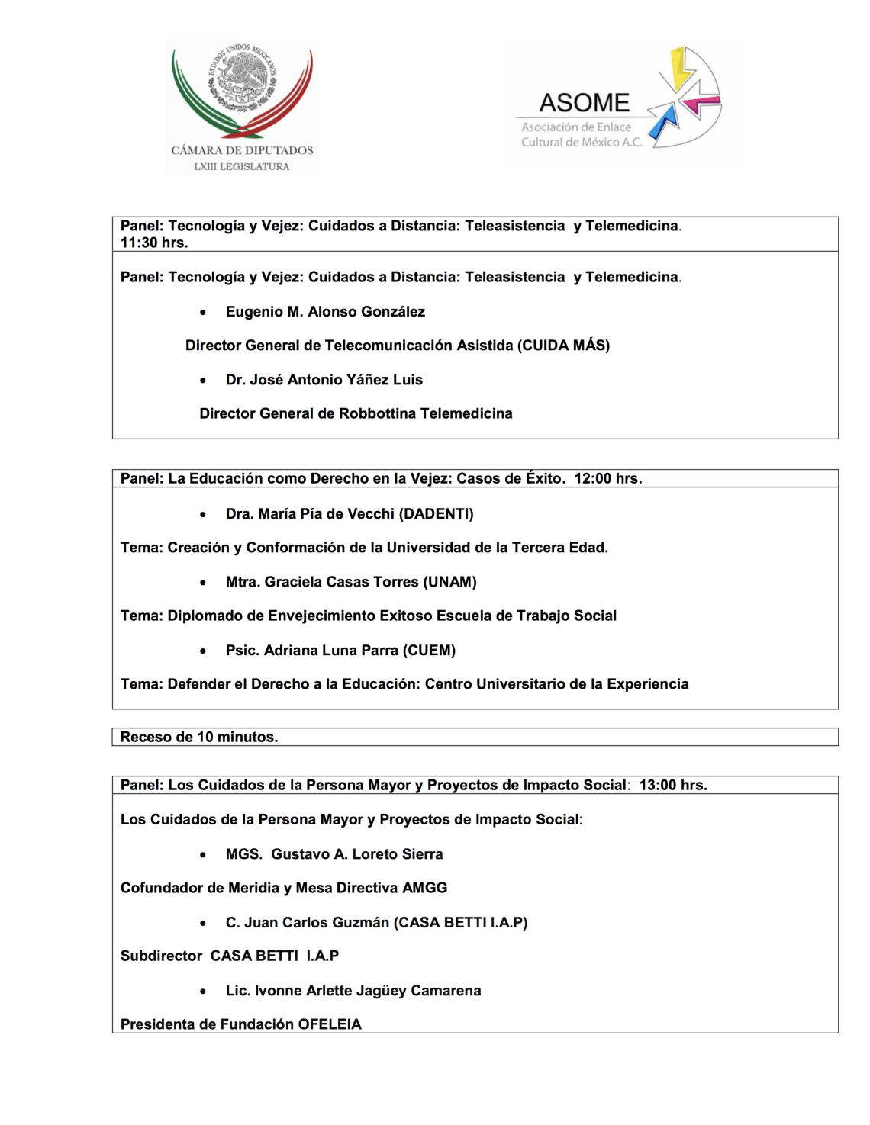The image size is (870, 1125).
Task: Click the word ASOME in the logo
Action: [584, 103]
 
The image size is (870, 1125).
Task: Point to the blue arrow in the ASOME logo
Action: [665, 121]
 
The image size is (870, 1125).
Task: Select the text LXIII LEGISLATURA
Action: [242, 166]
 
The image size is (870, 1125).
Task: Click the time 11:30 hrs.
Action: [154, 243]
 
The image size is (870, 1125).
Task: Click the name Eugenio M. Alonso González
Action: [325, 312]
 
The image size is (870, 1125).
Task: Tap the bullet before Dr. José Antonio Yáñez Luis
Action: [203, 381]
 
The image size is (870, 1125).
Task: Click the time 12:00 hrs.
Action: [608, 478]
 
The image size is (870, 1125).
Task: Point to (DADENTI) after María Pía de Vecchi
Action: [436, 514]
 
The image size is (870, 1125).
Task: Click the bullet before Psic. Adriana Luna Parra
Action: [203, 651]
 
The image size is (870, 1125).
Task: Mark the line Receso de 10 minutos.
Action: [199, 737]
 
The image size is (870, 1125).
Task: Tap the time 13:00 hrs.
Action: [673, 785]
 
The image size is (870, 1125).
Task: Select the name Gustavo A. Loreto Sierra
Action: [356, 854]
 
